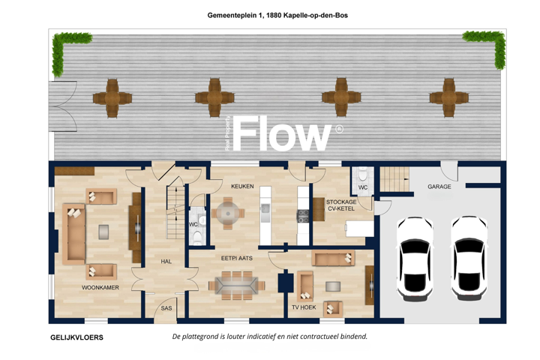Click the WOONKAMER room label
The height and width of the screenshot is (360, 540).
(x=100, y=287)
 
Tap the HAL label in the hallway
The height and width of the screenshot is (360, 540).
(x=166, y=262)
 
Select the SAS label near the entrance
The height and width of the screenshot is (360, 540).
(x=166, y=308)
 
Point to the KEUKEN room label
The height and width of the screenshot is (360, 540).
(x=242, y=186)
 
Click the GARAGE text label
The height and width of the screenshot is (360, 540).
(x=439, y=186)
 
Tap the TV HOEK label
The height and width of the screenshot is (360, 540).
(x=304, y=307)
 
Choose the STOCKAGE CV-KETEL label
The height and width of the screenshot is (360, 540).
(x=341, y=205)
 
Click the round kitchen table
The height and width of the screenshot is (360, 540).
(x=228, y=213)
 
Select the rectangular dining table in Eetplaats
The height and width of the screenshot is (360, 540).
(x=236, y=285)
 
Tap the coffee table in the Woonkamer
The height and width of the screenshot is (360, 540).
(x=103, y=232)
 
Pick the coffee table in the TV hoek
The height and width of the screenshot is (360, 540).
(x=333, y=286)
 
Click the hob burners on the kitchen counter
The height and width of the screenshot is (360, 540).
(x=303, y=216)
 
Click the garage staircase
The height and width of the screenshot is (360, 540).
(x=394, y=179)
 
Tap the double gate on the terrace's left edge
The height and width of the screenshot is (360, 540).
(x=63, y=106)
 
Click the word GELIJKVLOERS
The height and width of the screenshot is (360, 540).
(x=76, y=337)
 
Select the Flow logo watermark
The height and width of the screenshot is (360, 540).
(x=283, y=133)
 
